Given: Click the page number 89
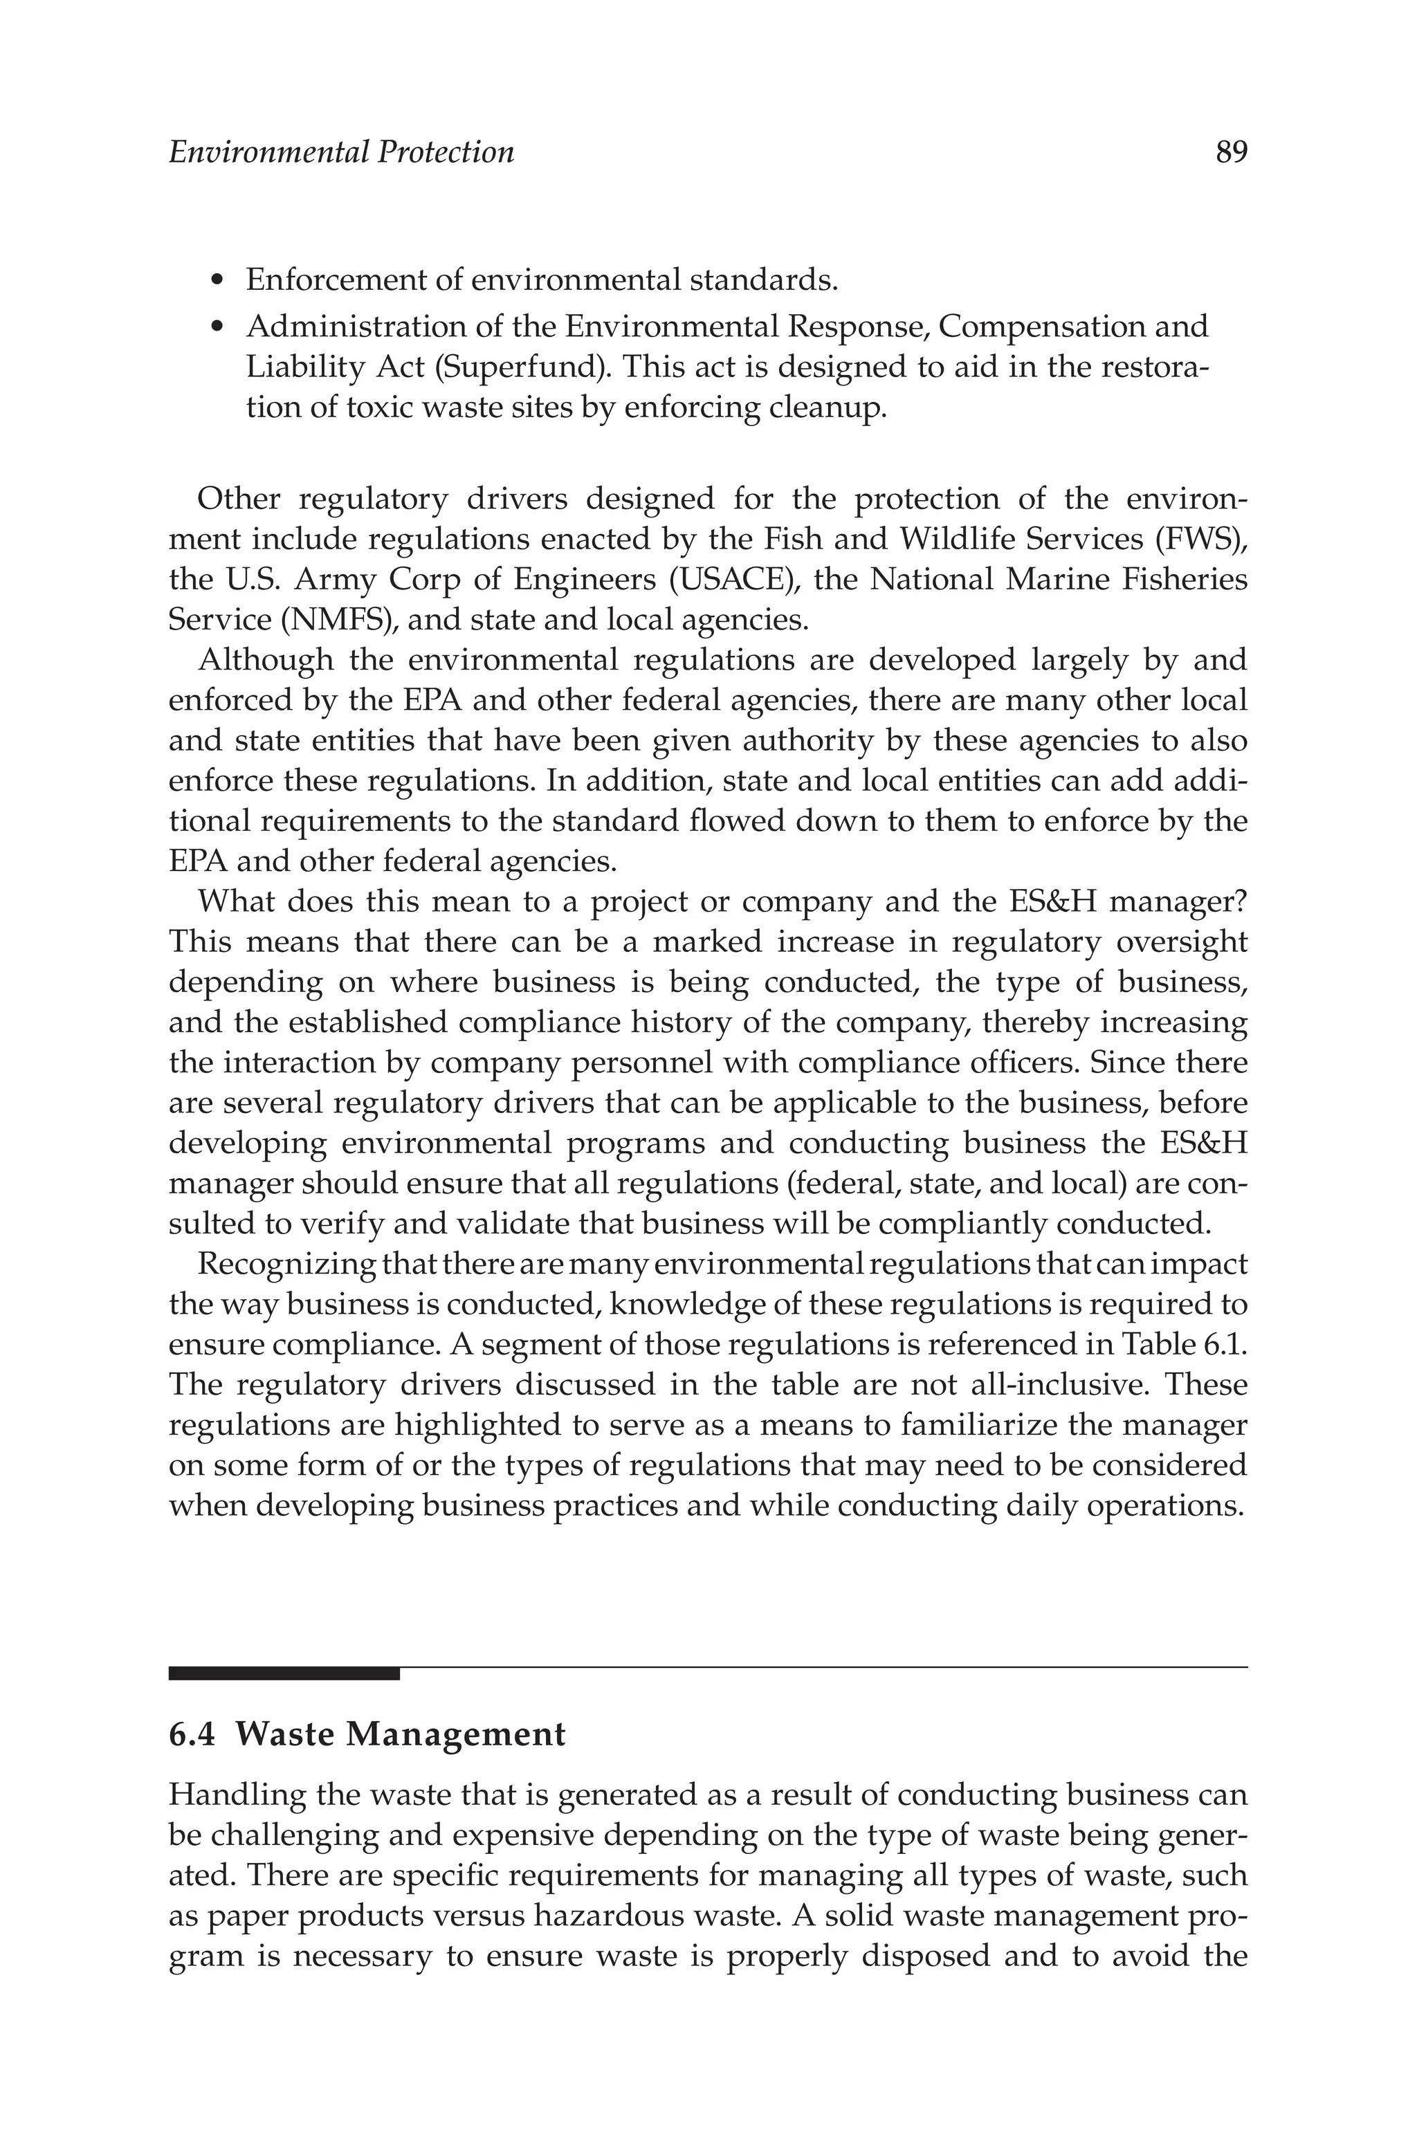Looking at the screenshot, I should pyautogui.click(x=1231, y=152).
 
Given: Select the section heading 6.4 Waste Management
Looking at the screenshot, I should pyautogui.click(x=367, y=1734).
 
